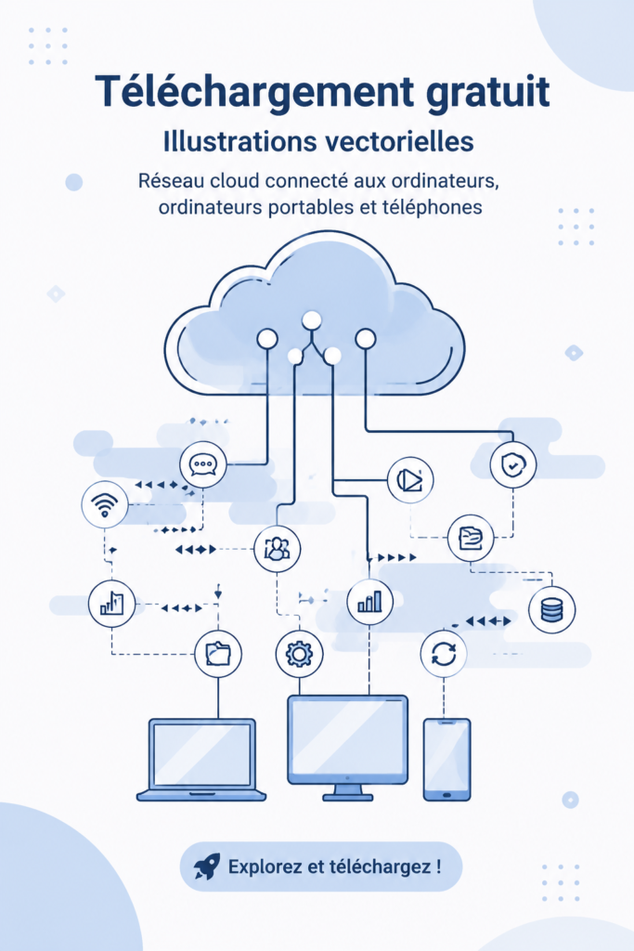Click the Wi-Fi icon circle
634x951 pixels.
(105, 504)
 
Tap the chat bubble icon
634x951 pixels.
(203, 464)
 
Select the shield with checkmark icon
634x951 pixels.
(512, 465)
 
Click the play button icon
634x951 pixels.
(410, 480)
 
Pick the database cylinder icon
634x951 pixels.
(551, 609)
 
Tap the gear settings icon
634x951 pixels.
(299, 654)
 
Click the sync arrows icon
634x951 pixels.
(444, 654)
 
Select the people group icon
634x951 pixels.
(277, 549)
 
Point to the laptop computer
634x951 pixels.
(201, 760)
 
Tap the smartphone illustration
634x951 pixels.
(446, 760)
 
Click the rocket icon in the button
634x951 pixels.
(207, 866)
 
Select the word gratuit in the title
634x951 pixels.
(488, 92)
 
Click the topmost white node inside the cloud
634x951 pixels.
(312, 319)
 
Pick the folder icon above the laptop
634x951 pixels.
(218, 654)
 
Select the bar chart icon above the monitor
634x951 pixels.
(369, 602)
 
